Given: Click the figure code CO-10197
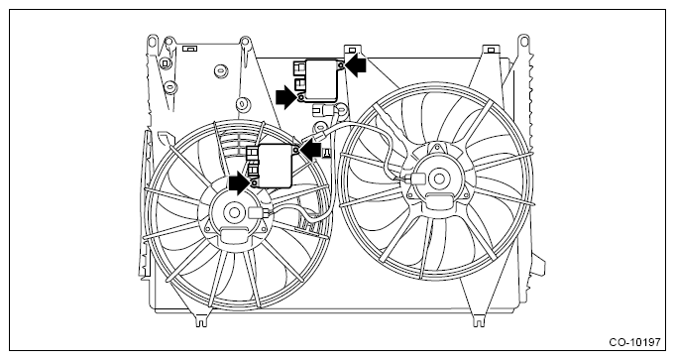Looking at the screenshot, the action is coord(634,343).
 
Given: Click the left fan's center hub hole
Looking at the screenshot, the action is coord(235,212).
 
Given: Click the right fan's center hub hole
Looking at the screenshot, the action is coord(439,179).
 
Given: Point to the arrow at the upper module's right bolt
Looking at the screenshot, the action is coord(356,65).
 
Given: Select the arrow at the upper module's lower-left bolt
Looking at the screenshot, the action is coord(286,97).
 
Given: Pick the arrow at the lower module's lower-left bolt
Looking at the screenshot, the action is coord(239,183).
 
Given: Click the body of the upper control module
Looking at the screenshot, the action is coord(321,81).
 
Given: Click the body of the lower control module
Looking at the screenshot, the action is coord(275,166).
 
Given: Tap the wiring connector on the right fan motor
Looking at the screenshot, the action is coord(415,179).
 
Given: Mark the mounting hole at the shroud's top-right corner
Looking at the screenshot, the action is coord(523,42).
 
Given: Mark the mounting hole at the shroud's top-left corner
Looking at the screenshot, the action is coord(152,42).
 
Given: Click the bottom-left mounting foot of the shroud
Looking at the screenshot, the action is coord(201,320).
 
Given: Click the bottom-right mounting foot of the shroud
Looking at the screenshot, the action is coord(479,320).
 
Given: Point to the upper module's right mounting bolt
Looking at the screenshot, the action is coord(340,65).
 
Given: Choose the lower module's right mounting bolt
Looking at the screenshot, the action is coord(296,150).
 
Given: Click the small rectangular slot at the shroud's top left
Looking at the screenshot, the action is coord(189,49).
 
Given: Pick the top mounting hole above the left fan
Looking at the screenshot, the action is coord(245,42).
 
